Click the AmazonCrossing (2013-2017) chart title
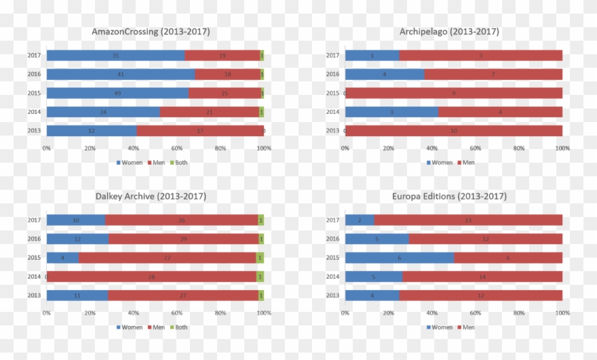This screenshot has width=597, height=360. coord(151,32)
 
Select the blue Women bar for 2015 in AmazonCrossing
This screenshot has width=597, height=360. coord(117,93)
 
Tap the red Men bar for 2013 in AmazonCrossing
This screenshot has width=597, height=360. coord(199,130)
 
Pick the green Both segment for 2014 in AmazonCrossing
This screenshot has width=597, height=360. coord(261,112)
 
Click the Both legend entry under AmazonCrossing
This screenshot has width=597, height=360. coord(178,163)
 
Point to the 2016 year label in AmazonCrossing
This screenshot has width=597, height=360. coord(34,75)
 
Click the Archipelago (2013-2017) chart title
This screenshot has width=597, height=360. coord(449,32)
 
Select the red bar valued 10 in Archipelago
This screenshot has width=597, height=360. coord(454,130)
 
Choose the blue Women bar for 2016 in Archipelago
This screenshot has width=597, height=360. coord(385,75)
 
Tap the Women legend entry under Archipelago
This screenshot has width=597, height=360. coord(439,163)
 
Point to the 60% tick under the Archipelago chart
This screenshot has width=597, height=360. coord(476,148)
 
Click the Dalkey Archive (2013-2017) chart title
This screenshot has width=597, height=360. coord(151,197)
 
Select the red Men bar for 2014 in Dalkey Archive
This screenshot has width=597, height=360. coord(151,277)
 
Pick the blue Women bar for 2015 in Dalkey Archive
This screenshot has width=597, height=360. coord(62,258)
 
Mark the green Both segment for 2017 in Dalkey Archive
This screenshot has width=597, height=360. coord(261,220)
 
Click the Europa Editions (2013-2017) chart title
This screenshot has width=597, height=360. coord(449,197)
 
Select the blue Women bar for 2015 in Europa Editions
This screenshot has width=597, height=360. coord(399,258)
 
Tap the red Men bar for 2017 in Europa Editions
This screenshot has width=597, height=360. coord(468,220)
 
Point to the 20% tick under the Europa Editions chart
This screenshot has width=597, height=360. coord(389,313)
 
